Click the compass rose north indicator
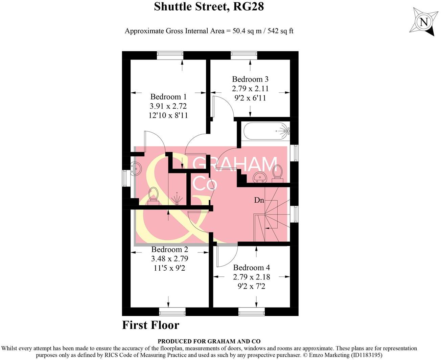coord(423,22)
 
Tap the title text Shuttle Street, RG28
coord(209,6)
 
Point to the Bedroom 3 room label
coord(250,79)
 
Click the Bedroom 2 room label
coord(169,250)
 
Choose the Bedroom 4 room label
coord(251,268)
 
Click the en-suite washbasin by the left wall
coord(136,168)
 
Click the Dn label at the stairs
coord(259,200)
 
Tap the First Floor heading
coord(150,325)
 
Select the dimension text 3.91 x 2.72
coord(168,106)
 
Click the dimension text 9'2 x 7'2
coord(251,286)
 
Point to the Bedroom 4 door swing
coord(226,256)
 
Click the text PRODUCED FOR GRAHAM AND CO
coord(209,341)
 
